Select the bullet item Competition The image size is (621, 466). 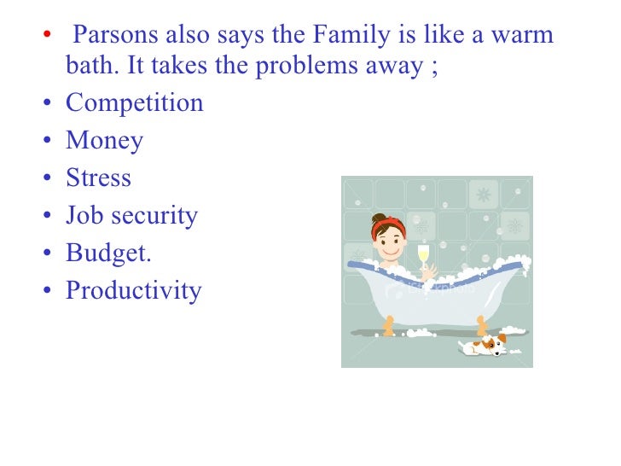(135, 103)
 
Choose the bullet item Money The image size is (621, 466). (104, 141)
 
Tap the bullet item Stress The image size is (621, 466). (99, 178)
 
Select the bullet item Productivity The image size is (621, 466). (134, 290)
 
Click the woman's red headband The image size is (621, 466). (389, 224)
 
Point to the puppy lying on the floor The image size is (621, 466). (485, 345)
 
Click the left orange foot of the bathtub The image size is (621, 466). (390, 325)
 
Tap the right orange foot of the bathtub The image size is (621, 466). (481, 324)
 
